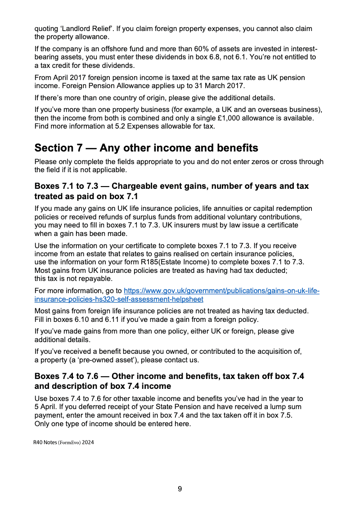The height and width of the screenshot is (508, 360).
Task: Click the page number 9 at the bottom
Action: coord(180,489)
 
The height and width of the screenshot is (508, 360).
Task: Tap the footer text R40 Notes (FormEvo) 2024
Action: coord(63,442)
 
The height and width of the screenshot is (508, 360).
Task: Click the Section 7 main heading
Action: coord(146,148)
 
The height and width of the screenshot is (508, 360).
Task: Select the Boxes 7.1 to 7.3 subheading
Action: coord(171,191)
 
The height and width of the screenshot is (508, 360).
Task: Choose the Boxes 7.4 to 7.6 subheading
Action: coord(169,381)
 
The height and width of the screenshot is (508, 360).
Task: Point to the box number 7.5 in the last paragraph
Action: coord(285,415)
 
